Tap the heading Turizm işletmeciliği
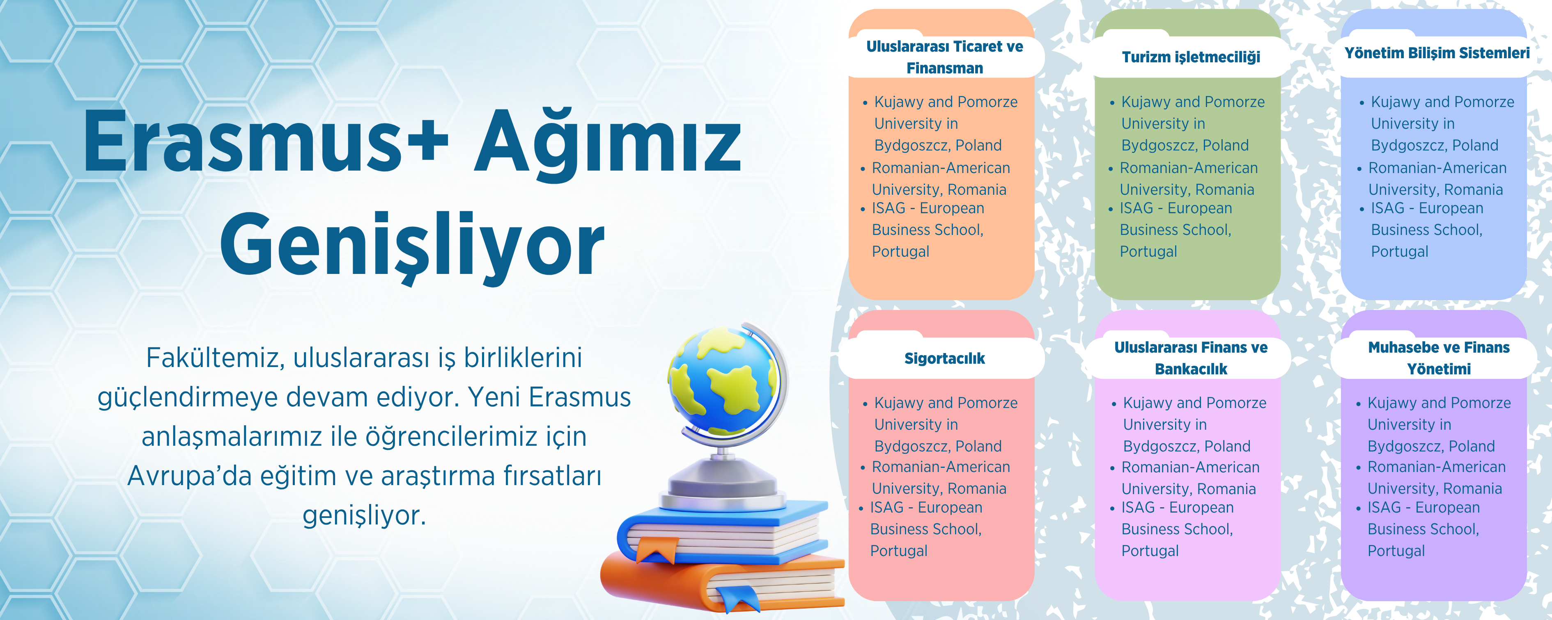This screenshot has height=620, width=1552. point(1191,57)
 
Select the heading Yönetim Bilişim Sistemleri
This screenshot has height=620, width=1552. point(1437,53)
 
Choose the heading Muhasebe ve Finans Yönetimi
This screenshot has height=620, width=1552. point(1439,358)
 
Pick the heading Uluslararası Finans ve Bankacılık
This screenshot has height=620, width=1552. point(1191,358)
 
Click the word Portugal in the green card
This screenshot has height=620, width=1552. point(1148,252)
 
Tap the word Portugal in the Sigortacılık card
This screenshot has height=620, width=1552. point(899,551)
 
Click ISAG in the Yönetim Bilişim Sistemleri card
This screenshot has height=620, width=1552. point(1387,208)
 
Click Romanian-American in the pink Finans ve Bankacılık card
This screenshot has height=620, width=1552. point(1191,468)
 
